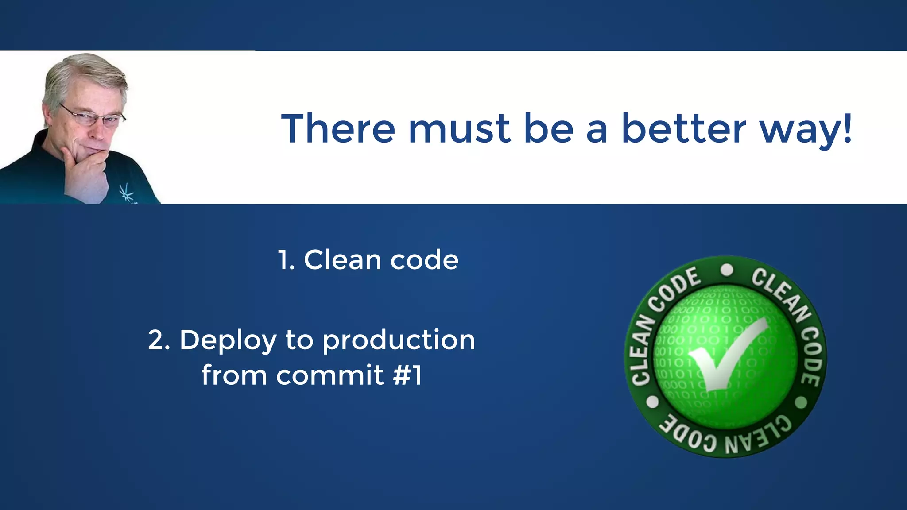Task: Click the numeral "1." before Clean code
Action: coord(287,260)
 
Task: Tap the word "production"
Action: coord(399,341)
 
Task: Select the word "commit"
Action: coord(330,375)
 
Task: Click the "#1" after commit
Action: coord(407,375)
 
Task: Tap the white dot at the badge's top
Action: coord(727,270)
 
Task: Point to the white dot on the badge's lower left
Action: coord(653,402)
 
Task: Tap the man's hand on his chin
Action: coord(86,170)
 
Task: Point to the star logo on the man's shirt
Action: coord(126,193)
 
